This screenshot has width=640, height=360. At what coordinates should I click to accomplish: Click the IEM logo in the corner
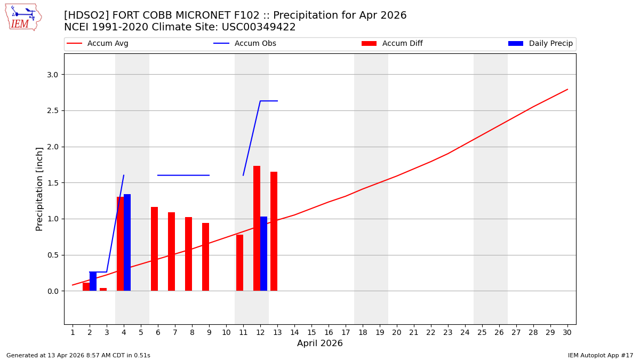[x=23, y=17]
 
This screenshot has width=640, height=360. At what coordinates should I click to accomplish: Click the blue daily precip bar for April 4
[x=127, y=243]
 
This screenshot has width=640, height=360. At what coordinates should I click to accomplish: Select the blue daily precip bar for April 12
[x=263, y=253]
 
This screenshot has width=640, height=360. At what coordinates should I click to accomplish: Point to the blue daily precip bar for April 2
[x=93, y=281]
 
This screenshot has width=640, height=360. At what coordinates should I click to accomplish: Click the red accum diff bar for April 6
[x=154, y=249]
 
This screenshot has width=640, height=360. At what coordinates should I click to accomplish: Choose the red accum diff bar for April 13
[x=274, y=231]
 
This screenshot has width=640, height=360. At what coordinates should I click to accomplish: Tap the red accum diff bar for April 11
[x=239, y=262]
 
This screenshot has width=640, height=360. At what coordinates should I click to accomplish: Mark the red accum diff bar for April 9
[x=205, y=257]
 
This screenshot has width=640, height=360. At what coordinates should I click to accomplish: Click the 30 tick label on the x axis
[x=567, y=333]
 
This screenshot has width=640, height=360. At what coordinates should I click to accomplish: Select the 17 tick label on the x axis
[x=345, y=333]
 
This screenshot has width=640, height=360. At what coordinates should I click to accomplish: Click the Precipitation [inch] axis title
[x=39, y=189]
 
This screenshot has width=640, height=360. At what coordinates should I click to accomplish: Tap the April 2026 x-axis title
[x=319, y=344]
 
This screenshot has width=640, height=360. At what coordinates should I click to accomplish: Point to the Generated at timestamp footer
[x=78, y=356]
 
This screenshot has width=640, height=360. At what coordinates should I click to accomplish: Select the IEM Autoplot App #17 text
[x=601, y=356]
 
